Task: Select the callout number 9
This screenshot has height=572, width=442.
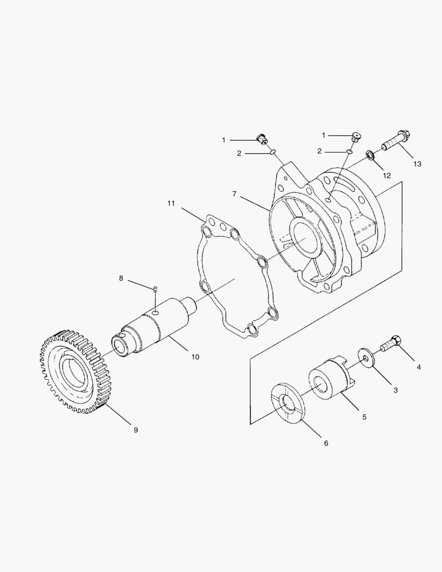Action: [136, 430]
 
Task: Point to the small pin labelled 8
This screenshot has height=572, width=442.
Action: [155, 289]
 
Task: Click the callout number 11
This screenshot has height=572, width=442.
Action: [171, 203]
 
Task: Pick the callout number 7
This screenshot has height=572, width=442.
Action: [234, 194]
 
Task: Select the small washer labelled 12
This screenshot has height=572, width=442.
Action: [371, 156]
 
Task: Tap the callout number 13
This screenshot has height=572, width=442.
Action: [418, 164]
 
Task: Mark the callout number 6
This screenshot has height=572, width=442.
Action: [326, 443]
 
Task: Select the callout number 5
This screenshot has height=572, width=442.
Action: [364, 417]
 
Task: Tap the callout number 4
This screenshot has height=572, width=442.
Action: [419, 367]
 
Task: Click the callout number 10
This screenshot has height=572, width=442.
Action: [195, 357]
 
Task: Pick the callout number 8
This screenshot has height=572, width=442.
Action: [121, 278]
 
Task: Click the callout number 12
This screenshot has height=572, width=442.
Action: [387, 175]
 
